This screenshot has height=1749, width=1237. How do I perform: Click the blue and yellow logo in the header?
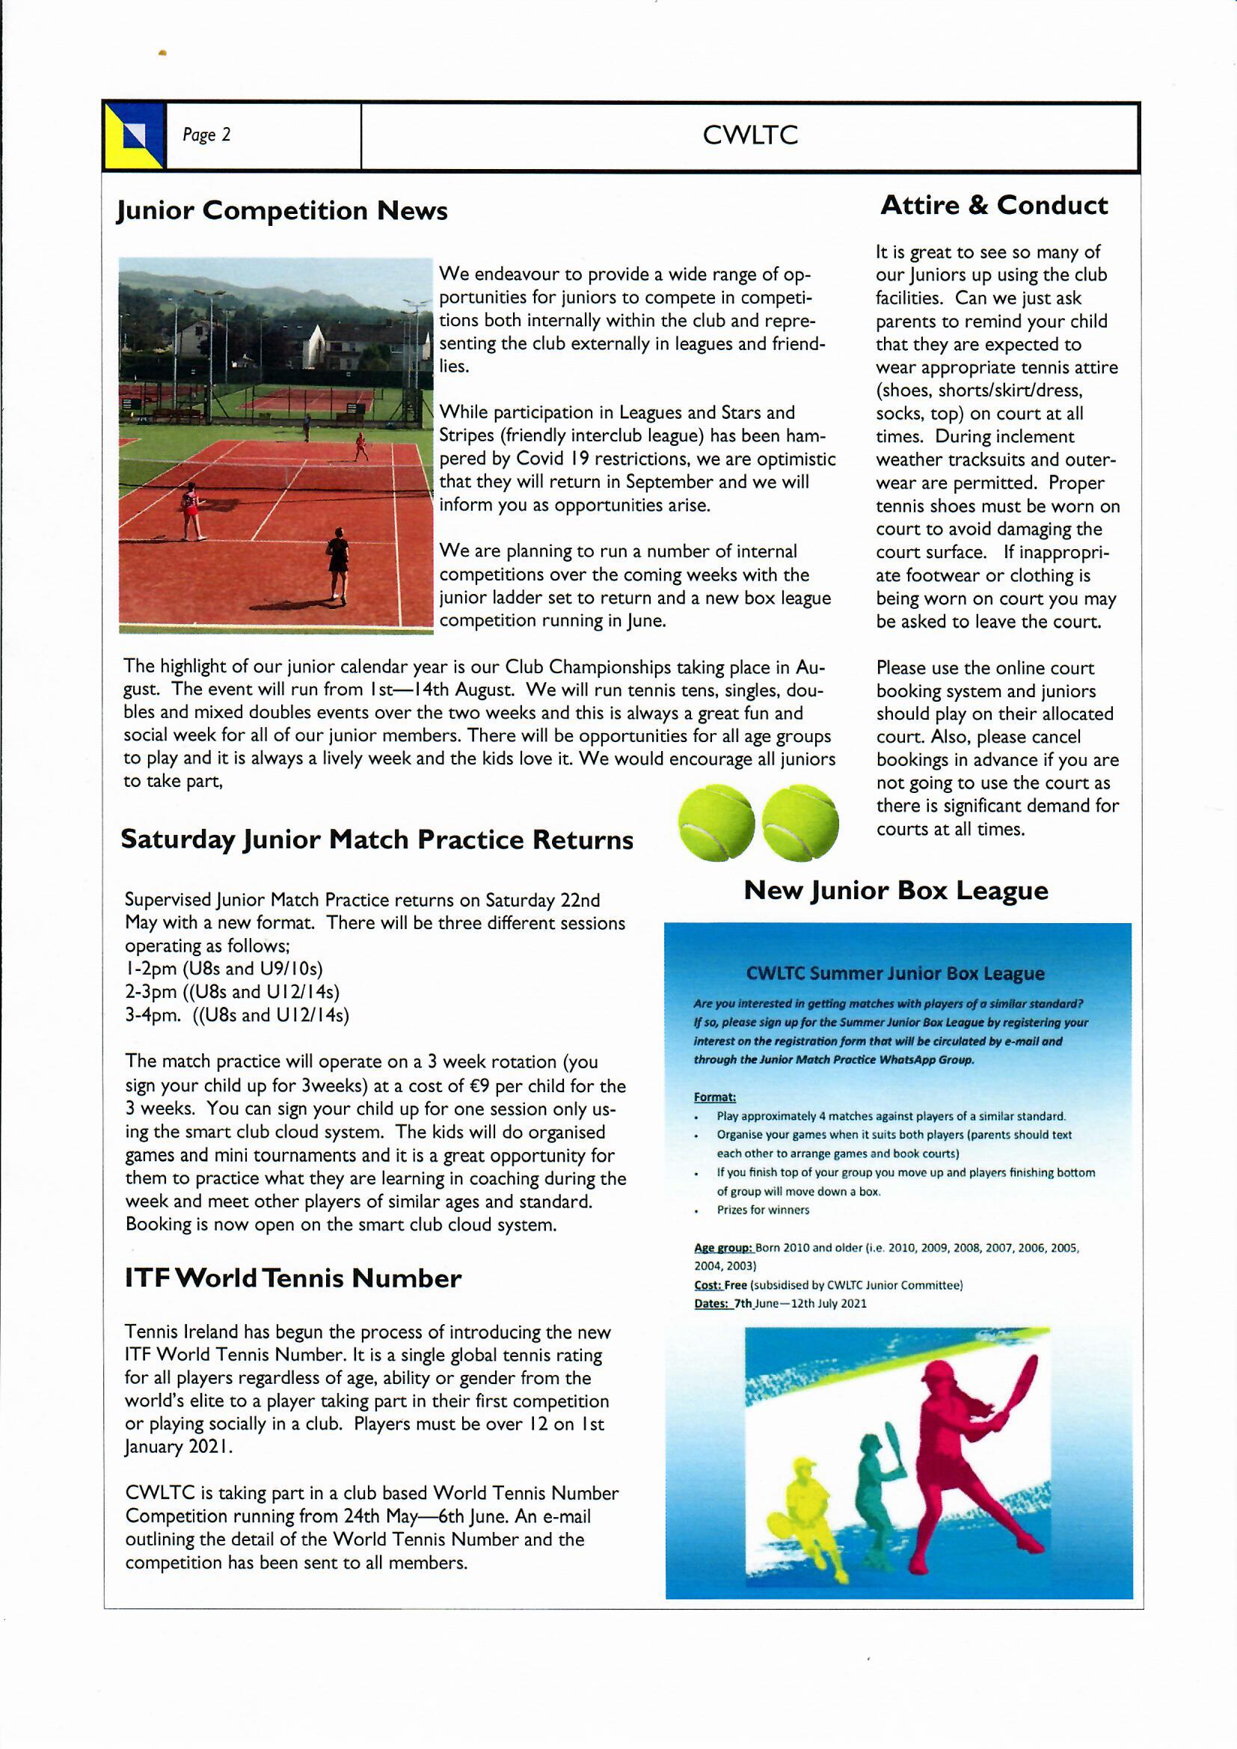(135, 135)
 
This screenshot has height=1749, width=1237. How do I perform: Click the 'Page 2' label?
(206, 135)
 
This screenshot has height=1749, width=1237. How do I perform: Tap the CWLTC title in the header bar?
(749, 135)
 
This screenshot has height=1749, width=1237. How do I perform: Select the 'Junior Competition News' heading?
(282, 210)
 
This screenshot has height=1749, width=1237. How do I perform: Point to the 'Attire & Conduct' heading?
(993, 205)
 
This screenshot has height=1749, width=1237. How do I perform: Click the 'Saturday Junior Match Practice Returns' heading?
(377, 839)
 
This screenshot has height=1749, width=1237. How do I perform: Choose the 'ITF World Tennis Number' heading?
(293, 1278)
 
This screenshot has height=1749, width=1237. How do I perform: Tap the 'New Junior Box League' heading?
(896, 889)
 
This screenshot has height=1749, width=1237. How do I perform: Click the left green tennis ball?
(716, 823)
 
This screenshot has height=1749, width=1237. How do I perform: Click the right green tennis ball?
(799, 823)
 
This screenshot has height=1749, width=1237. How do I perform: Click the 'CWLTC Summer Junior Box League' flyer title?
(895, 972)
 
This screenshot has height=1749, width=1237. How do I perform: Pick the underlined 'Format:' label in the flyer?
(714, 1097)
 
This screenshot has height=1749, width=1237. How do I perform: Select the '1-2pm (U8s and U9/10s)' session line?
(224, 968)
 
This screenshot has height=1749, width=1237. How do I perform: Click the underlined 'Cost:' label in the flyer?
(707, 1284)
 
